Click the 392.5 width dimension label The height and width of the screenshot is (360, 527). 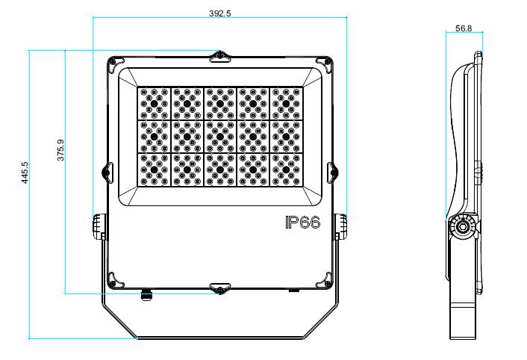(219, 13)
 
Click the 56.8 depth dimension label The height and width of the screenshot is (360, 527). (464, 28)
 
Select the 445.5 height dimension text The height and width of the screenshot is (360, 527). (25, 173)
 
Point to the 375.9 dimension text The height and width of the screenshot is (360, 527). (60, 150)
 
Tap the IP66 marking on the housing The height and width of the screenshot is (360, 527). (302, 222)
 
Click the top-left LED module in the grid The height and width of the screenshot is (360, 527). (154, 104)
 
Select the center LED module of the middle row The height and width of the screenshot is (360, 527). (220, 137)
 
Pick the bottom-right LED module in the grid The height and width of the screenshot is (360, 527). (286, 170)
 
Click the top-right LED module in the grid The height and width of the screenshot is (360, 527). (286, 104)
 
